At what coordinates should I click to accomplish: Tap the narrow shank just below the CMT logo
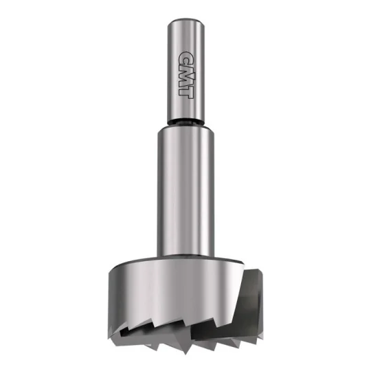coord(185,109)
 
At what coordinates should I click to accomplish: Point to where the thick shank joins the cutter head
coord(185,256)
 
